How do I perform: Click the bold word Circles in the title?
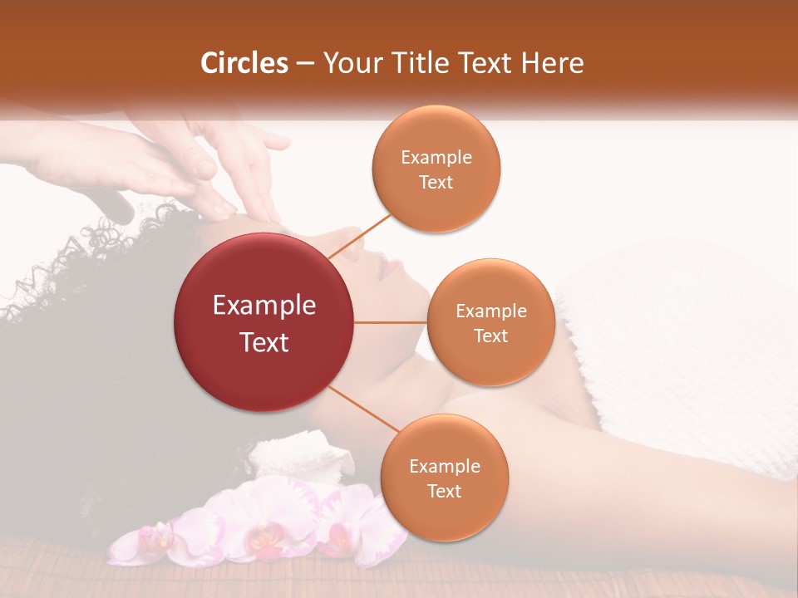244,63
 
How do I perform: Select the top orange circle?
436,169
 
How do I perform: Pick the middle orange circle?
490,322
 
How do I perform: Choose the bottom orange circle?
444,478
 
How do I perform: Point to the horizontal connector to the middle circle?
391,322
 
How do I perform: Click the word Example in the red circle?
264,306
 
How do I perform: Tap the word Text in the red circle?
264,342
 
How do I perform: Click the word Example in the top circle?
436,158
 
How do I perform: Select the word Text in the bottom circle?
444,491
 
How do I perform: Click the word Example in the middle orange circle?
490,311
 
